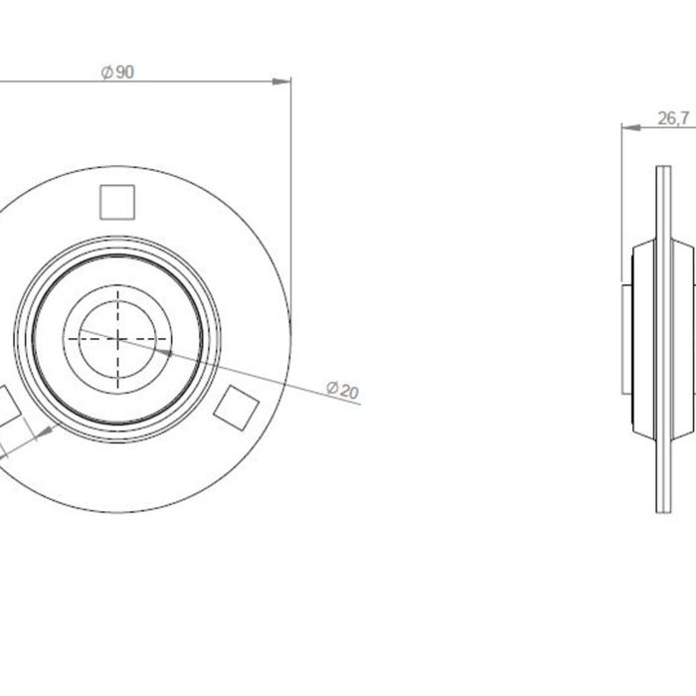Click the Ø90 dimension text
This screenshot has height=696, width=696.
(x=117, y=73)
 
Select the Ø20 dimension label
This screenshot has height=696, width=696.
(x=341, y=390)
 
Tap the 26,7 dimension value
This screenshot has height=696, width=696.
(x=673, y=118)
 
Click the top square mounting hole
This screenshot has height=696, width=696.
(x=117, y=202)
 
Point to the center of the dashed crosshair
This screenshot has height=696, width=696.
(x=117, y=338)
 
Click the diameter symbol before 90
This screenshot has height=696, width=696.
(x=106, y=73)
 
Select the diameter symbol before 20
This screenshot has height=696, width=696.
(x=331, y=388)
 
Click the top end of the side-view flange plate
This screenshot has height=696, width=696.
(x=663, y=171)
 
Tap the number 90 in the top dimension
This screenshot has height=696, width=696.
(x=124, y=73)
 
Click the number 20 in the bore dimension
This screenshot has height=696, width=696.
(x=348, y=392)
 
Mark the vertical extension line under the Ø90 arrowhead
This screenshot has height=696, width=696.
(x=291, y=199)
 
